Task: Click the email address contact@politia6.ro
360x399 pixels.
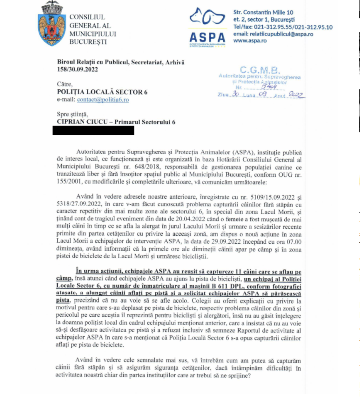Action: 103,100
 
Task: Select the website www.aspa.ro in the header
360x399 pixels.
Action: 250,41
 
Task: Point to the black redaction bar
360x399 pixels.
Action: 93,131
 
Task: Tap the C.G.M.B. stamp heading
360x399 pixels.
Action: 259,70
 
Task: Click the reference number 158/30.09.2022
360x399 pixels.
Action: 77,70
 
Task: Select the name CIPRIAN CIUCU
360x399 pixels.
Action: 82,122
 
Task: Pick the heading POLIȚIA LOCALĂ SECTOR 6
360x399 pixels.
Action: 102,92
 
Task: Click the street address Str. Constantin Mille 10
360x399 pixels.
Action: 263,12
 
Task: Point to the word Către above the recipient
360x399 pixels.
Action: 65,84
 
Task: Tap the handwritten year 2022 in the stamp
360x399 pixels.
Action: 296,95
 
